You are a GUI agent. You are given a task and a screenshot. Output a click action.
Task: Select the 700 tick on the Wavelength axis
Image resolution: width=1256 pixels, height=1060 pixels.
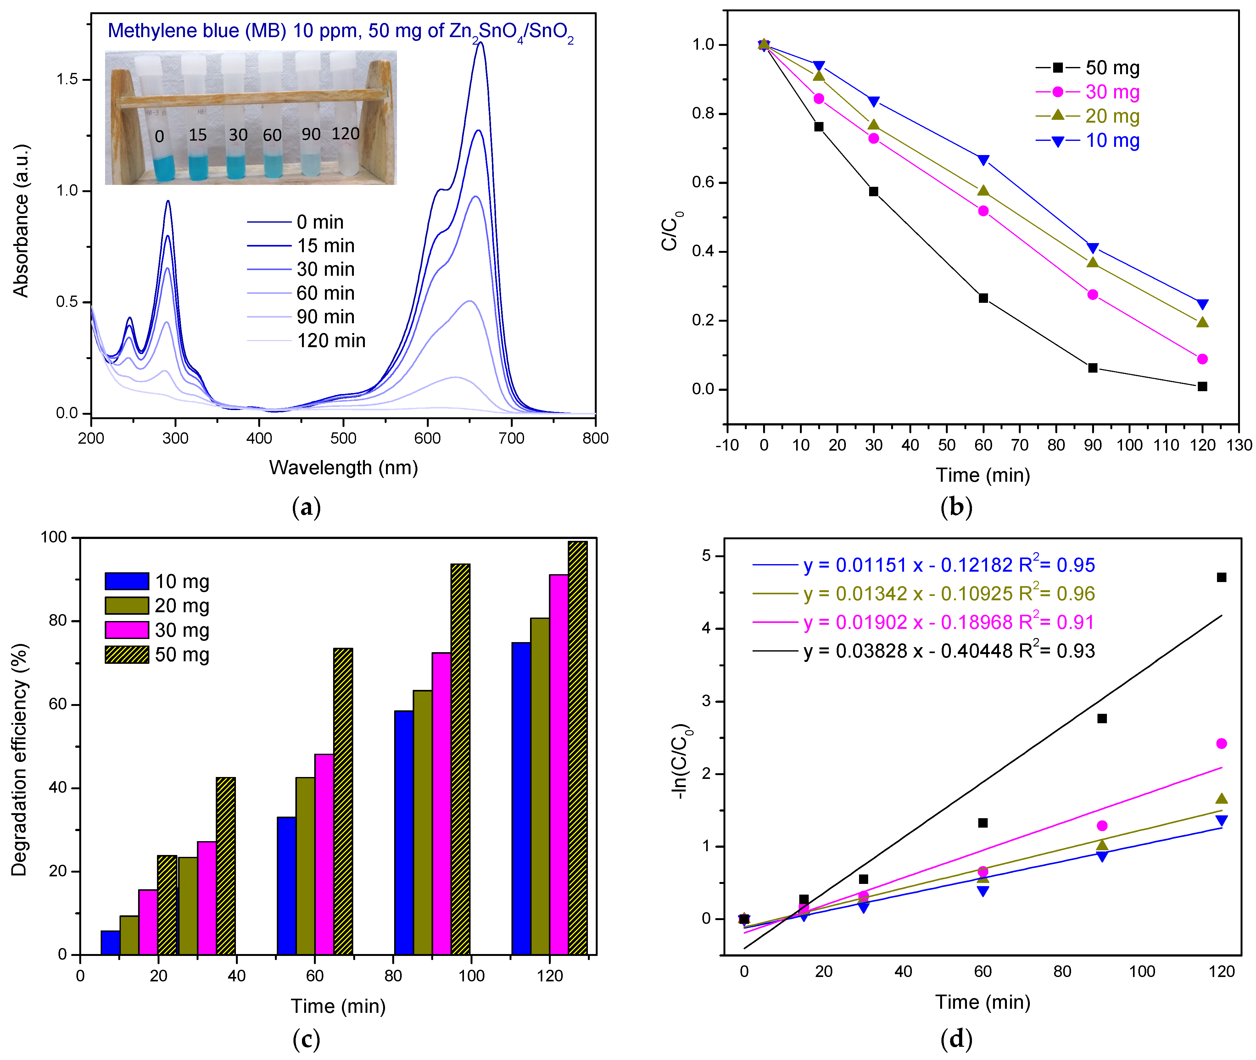(x=511, y=438)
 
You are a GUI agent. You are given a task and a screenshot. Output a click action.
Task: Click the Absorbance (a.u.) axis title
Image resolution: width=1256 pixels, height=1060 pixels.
(x=21, y=220)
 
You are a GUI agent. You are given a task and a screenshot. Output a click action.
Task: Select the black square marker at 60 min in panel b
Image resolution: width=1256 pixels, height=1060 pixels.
(x=983, y=298)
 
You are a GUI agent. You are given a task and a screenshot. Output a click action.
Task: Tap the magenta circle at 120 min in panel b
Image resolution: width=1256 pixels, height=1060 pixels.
(x=1202, y=359)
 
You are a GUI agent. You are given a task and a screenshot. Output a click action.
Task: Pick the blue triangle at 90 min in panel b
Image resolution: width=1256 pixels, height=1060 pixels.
(x=1092, y=247)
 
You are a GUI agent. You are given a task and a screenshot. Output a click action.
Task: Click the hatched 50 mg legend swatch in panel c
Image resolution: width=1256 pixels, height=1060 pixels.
(x=127, y=654)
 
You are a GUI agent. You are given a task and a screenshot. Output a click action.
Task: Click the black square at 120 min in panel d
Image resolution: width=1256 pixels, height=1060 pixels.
(x=1221, y=577)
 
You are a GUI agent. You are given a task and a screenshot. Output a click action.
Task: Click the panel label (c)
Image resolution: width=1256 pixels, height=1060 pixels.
(x=306, y=1038)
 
